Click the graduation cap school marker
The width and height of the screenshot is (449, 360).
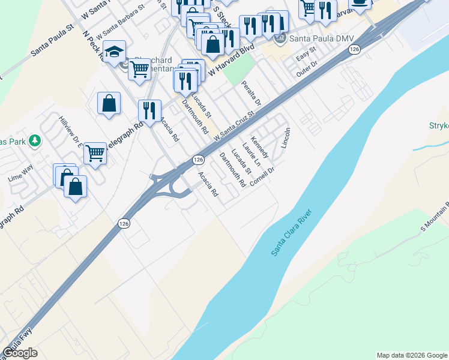(114, 52)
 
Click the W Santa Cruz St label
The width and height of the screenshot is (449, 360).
(231, 128)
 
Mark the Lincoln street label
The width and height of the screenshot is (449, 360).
(285, 139)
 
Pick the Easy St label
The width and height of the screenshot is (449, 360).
(306, 55)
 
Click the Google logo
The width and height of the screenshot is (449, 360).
(20, 353)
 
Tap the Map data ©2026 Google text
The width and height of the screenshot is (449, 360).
(412, 355)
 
